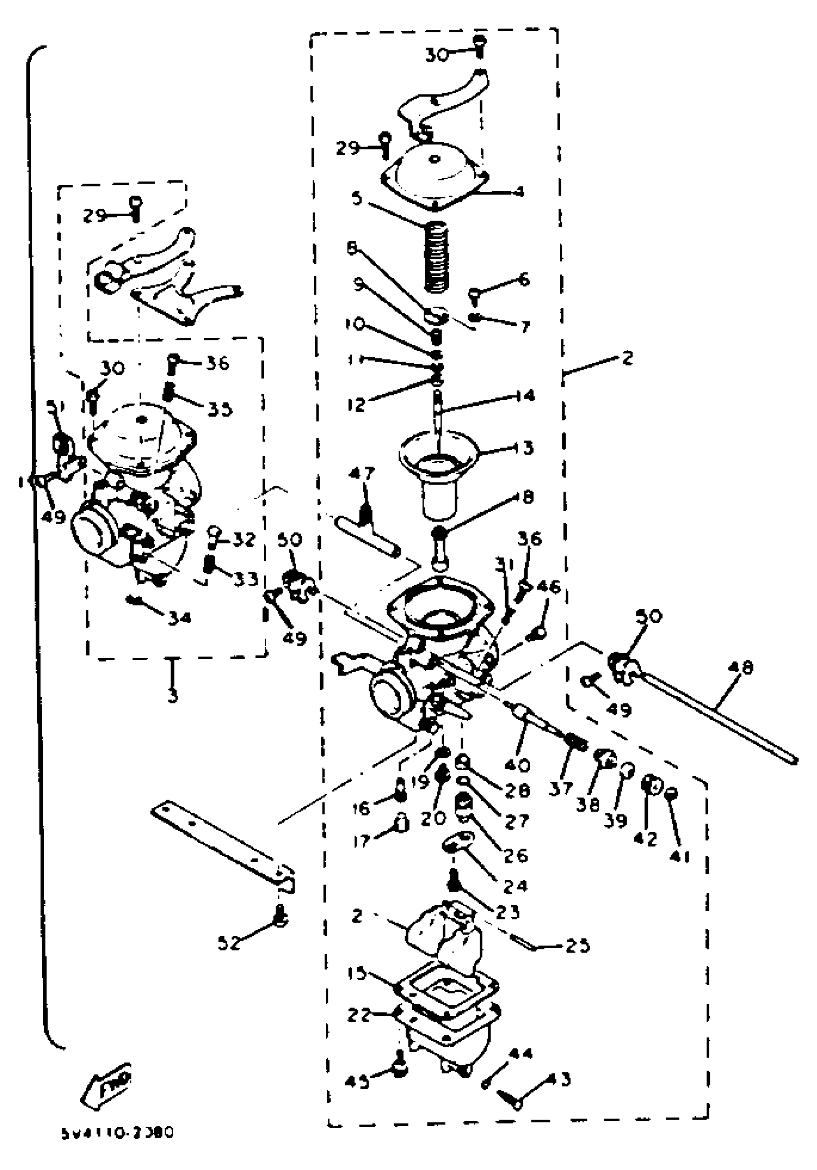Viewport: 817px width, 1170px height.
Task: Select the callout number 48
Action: (x=741, y=667)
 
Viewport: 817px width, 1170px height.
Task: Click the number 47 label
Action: (x=362, y=473)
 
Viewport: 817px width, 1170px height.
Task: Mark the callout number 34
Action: (x=179, y=618)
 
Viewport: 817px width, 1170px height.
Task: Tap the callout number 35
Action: (x=220, y=409)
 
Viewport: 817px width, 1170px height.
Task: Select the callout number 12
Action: (x=357, y=404)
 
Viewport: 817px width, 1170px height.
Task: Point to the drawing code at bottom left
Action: (x=117, y=1133)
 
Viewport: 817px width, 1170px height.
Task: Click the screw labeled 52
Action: (x=280, y=918)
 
